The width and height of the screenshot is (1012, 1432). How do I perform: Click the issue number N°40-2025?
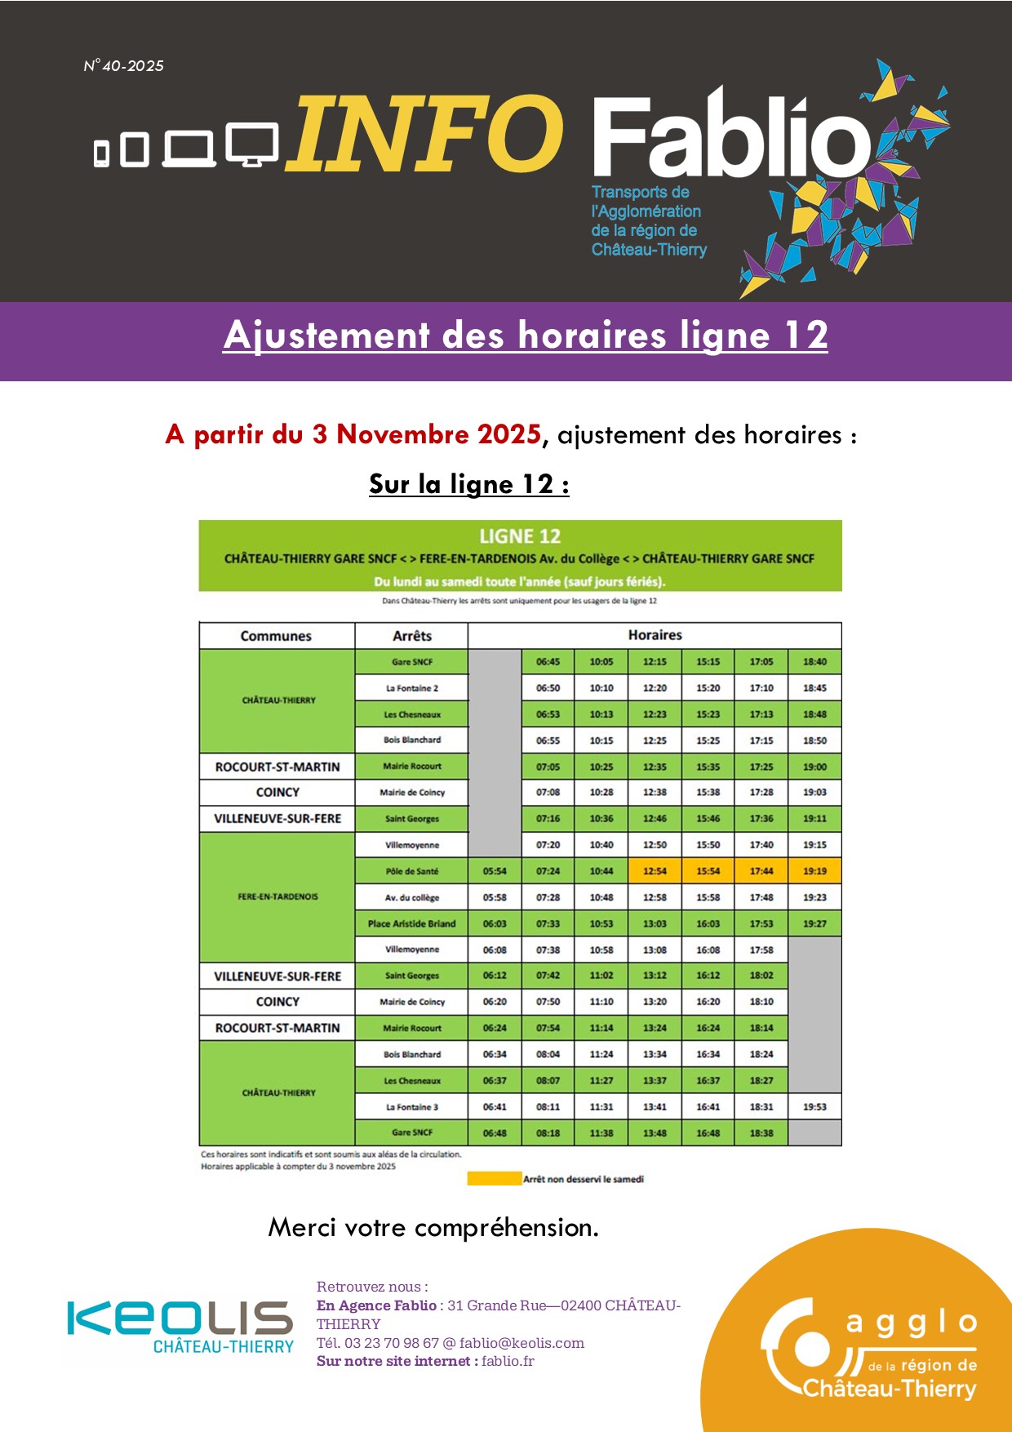(x=124, y=66)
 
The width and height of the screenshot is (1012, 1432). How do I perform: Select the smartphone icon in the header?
(x=102, y=153)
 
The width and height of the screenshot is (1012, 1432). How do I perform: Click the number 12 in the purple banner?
(x=806, y=336)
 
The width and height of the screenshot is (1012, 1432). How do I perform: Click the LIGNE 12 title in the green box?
(x=520, y=536)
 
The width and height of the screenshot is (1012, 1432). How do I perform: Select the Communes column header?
(x=276, y=636)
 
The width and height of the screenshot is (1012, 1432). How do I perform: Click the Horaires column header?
(x=655, y=635)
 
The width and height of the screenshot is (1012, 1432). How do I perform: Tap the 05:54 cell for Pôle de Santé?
(x=495, y=871)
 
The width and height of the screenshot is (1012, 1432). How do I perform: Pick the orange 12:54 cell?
(x=655, y=871)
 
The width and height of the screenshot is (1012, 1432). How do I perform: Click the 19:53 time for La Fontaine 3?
(x=814, y=1107)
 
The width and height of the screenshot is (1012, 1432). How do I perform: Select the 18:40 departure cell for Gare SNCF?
(x=814, y=662)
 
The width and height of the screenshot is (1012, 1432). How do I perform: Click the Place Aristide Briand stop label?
(x=411, y=923)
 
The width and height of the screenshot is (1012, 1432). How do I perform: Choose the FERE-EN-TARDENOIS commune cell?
(x=277, y=896)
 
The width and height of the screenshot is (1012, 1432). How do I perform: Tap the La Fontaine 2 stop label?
(x=411, y=688)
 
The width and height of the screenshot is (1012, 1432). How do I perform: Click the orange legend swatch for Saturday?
(x=494, y=1178)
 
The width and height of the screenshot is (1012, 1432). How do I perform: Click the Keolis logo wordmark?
(x=180, y=1318)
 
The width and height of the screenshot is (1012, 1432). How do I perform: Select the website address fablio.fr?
(x=508, y=1361)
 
